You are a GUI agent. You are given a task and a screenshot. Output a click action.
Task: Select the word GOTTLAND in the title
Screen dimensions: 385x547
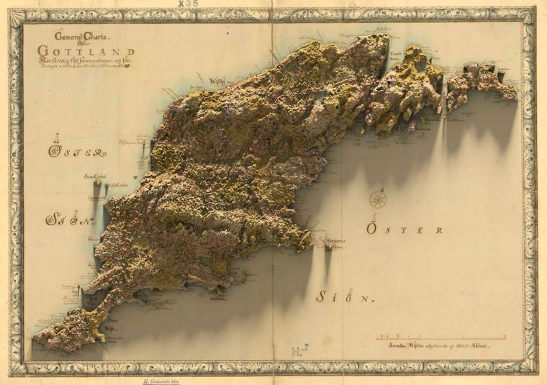[86, 51]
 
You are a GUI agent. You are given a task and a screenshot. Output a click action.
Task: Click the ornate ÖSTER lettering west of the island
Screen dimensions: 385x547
[76, 152]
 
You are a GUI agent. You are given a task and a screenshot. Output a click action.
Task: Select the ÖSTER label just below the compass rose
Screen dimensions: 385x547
[404, 230]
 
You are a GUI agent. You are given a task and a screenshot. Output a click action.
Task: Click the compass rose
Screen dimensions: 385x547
[377, 199]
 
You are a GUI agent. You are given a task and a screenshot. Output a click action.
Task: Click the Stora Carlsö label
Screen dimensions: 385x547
[95, 175]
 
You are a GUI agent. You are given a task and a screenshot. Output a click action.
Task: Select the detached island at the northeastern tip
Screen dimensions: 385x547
[482, 81]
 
